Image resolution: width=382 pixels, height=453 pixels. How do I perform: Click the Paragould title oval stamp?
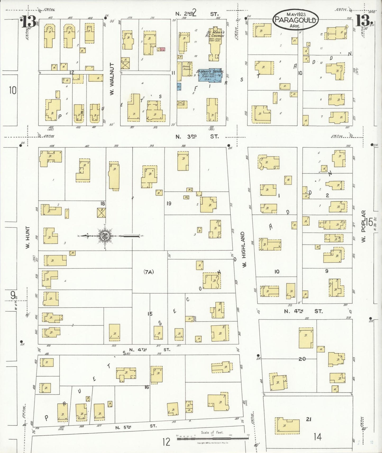pos(296,19)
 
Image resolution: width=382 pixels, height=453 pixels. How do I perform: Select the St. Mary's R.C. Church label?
pos(215,34)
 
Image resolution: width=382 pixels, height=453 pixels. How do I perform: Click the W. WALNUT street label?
pos(112,79)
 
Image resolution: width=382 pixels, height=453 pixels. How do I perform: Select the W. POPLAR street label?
pos(363,226)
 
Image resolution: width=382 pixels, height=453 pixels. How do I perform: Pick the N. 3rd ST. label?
pos(197,136)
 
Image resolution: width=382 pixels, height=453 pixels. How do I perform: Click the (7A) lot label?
pos(149,272)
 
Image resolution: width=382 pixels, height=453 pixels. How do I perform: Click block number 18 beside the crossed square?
pos(103,204)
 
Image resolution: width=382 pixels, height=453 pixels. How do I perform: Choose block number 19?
pos(169,203)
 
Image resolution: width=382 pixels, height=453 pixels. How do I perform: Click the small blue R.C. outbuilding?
pos(179,86)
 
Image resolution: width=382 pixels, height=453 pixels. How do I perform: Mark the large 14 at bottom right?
pos(317,437)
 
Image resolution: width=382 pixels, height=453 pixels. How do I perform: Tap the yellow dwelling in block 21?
pos(287,426)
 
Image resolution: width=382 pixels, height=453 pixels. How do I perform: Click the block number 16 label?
pos(147,387)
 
